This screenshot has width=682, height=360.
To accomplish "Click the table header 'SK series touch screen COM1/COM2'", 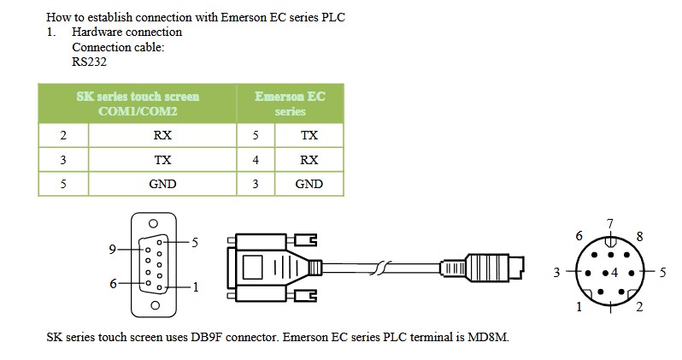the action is click(x=138, y=103).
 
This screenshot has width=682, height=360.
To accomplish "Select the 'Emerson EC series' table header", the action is click(x=290, y=103).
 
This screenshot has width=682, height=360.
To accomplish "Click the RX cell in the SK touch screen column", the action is click(x=162, y=135).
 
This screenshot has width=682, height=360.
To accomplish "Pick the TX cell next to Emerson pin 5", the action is click(x=309, y=135).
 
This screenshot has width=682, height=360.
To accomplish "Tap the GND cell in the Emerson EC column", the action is click(x=309, y=184).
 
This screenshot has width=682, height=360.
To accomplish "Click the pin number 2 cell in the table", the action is click(x=63, y=135).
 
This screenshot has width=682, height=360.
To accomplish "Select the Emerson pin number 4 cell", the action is click(x=256, y=160).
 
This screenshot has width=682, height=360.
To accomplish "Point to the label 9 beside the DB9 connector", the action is click(x=112, y=250).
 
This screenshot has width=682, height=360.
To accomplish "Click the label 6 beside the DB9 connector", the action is click(x=113, y=284).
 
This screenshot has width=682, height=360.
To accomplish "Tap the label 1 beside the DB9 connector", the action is click(x=196, y=287).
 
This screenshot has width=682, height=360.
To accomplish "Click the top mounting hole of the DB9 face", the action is click(x=153, y=224).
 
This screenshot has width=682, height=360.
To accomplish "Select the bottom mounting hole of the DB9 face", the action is click(x=155, y=305).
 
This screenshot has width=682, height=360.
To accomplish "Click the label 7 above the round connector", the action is click(x=610, y=224).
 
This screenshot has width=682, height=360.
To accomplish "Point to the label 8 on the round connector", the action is click(x=639, y=236).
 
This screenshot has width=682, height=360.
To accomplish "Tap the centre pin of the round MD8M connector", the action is click(x=605, y=273).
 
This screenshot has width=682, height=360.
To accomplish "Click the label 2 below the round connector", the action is click(x=639, y=307).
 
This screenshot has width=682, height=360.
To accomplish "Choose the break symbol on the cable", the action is click(x=380, y=268).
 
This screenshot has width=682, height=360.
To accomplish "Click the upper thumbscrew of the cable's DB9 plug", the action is click(x=305, y=239).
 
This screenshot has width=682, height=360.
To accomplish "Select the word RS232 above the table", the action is click(x=89, y=62).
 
